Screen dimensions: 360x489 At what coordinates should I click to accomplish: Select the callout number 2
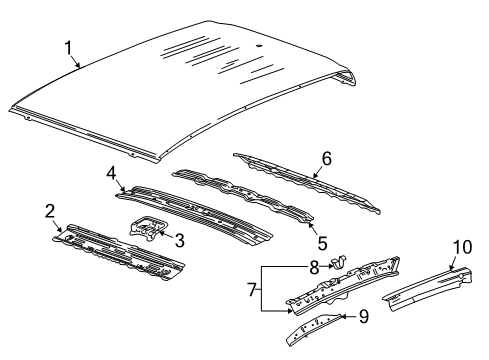pyautogui.click(x=49, y=210)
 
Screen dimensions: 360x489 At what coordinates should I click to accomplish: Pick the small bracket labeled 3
pyautogui.click(x=148, y=229)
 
